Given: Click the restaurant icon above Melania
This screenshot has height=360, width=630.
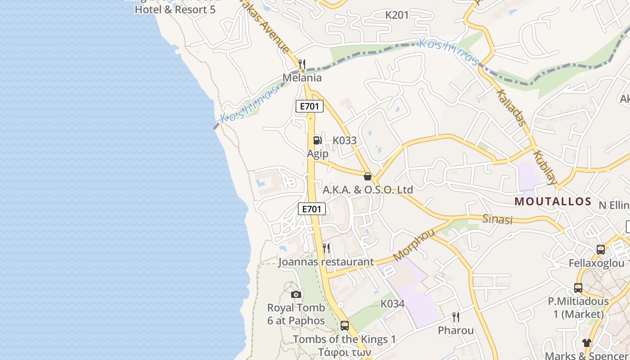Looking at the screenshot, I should (302, 64).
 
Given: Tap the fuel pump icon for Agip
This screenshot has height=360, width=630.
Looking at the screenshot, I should (318, 140).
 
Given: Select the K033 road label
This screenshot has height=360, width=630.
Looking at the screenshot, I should (345, 140).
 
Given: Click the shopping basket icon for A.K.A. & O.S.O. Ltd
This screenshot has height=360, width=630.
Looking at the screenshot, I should (368, 176).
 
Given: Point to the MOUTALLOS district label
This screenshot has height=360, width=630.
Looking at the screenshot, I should (553, 201).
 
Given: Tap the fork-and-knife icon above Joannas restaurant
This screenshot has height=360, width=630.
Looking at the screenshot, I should (327, 248).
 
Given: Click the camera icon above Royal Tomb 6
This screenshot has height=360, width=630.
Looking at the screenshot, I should (296, 294).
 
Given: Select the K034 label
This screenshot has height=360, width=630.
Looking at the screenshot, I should (392, 304).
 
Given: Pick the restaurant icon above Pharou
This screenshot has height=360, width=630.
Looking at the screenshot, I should (456, 317).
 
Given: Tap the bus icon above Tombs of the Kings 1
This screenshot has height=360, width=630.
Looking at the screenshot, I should (345, 325).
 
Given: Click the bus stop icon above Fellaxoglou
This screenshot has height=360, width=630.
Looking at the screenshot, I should (600, 250).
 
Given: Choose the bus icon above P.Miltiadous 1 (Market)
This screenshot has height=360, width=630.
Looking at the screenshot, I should (578, 288).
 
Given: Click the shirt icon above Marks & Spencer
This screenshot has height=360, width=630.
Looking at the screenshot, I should (586, 343).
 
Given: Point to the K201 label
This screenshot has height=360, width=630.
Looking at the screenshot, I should (397, 15).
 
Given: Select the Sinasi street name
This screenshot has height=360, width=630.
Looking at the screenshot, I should (497, 219).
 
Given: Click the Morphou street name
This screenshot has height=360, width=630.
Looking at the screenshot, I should (414, 245).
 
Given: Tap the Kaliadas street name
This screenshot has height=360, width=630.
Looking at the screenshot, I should (512, 108).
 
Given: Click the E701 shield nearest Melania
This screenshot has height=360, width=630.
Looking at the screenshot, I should (310, 106).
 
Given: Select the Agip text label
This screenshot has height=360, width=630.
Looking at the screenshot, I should (318, 153).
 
